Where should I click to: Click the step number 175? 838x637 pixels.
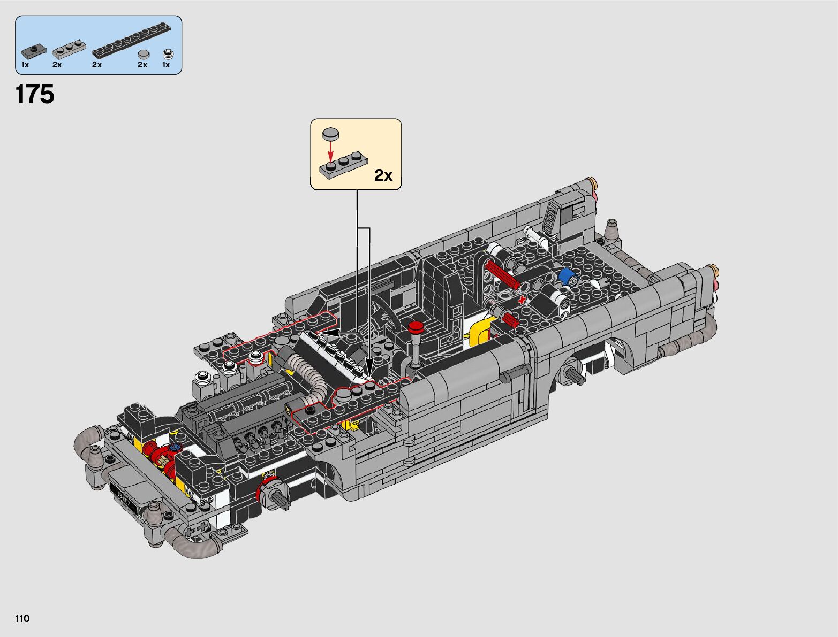coord(35,94)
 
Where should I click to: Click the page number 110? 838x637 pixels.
coord(22,618)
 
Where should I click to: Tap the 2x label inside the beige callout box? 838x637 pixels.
coord(383,175)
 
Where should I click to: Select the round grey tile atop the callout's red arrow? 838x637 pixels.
coord(330,134)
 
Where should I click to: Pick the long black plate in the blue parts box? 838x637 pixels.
coord(131,41)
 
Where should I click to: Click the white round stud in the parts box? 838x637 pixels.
coord(168,54)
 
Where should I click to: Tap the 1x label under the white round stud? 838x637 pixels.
coord(166,65)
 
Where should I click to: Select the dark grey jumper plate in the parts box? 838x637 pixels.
coord(34,51)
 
